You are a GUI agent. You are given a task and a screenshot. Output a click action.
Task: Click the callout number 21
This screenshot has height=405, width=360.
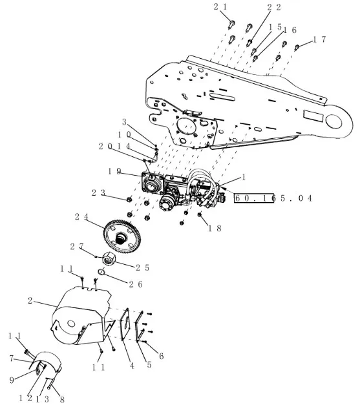pos(220,7)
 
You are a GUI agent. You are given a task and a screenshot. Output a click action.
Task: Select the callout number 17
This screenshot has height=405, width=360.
pos(320,39)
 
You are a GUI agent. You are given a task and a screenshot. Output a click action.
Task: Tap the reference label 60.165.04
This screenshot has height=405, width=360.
pos(273,198)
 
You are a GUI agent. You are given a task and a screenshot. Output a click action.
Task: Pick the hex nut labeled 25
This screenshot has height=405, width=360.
pos(109,259)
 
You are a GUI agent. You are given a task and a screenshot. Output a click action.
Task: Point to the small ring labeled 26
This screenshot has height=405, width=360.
pos(101,272)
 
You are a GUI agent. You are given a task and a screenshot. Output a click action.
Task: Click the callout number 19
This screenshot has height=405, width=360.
pos(114,171)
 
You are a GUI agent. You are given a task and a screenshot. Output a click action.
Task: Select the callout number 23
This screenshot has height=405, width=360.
pos(98,192)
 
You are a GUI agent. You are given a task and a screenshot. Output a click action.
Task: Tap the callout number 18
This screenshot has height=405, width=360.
pos(215,228)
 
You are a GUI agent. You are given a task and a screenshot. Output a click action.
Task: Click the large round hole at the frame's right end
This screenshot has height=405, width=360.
pos(334,121)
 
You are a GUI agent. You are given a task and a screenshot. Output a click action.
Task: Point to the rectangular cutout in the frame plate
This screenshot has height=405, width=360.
pos(313,116)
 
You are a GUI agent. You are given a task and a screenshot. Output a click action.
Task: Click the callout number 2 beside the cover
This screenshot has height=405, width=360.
pos(30,300)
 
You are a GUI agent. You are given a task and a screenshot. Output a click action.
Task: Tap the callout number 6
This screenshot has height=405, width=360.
pos(162,356)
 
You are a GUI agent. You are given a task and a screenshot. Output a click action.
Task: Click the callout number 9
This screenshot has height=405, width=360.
pos(12,380)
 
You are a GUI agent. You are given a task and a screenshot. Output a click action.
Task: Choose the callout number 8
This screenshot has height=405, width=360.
pos(62,399)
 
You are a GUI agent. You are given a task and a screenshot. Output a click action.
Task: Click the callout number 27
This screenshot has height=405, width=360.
pos(77,246)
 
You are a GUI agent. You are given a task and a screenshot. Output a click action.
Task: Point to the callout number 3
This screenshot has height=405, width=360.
pos(124,122)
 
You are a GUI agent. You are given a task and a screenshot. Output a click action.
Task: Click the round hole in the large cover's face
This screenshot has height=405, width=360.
pos(71,324)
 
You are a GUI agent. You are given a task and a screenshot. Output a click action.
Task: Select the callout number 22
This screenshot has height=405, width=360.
pos(274,8)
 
